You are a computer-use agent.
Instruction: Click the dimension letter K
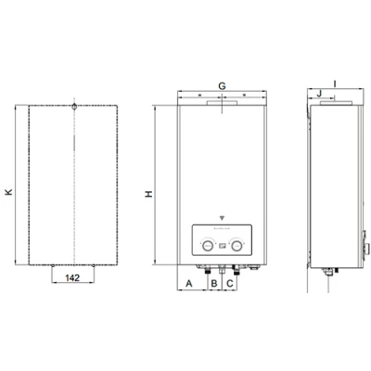8,192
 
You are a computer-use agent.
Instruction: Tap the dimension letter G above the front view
222,85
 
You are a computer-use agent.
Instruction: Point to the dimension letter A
189,282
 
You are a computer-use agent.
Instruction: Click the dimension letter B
214,282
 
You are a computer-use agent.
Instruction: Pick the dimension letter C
230,282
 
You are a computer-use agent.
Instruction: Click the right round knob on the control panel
238,247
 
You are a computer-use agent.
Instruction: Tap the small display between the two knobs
223,248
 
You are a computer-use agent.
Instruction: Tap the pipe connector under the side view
328,272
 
